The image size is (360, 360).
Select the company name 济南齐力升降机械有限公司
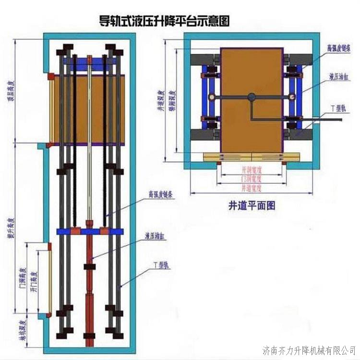click(310, 348)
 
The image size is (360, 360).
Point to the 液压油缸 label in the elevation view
click(156, 236)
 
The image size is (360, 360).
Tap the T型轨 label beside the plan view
click(338, 108)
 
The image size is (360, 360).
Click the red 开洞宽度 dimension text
click(252, 170)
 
